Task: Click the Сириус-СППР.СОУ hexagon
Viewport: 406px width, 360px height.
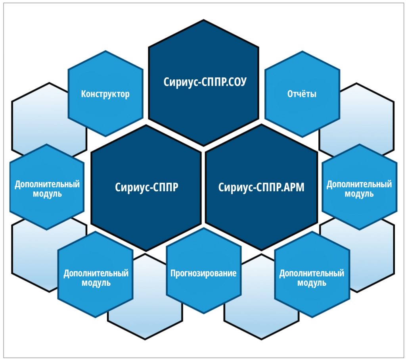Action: point(203,83)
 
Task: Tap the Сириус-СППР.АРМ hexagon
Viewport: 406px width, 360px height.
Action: point(262,187)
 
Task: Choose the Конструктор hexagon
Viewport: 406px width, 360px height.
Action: point(105,94)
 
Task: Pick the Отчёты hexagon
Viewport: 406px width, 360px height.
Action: point(302,94)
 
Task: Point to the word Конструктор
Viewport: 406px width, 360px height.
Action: point(105,94)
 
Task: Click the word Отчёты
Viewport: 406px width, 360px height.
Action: point(302,94)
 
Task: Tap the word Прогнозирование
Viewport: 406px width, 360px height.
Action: point(203,273)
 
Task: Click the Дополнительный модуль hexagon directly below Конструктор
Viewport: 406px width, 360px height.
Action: point(47,187)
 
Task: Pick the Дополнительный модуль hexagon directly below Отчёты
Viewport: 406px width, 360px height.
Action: point(359,187)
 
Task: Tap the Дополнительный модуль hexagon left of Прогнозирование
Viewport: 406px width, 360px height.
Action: point(96,275)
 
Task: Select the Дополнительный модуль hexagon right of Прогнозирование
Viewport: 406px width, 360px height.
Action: point(312,275)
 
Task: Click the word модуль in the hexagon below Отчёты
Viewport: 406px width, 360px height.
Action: point(359,194)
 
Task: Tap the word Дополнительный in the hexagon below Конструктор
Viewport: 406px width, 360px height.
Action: point(47,184)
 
